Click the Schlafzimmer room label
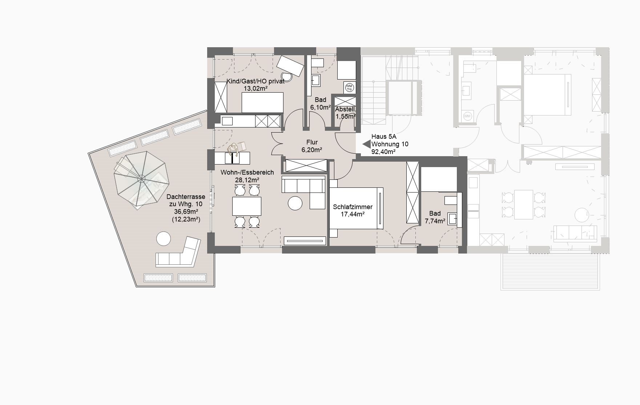point(353,207)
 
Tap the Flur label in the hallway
point(312,142)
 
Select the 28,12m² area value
point(247,180)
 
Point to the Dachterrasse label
point(186,197)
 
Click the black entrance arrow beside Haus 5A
point(366,144)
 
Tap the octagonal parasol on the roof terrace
point(141,178)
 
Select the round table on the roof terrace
point(164,239)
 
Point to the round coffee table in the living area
point(295,203)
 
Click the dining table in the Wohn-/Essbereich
point(247,206)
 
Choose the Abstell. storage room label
point(345,109)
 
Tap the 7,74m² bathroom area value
point(435,221)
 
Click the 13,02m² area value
point(255,88)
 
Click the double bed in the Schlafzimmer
point(356,208)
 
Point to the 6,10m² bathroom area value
point(320,107)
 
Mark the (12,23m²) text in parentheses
point(186,219)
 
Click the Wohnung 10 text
point(390,144)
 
